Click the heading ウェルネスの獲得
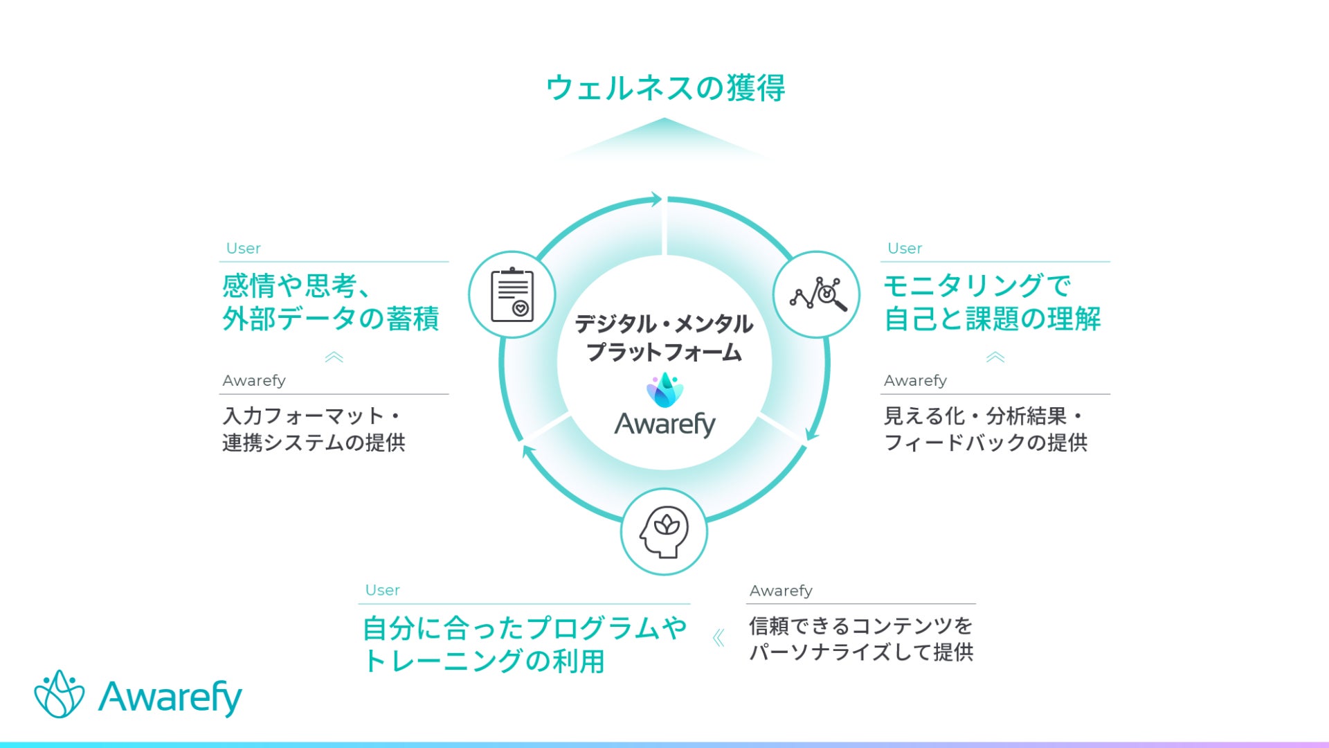click(664, 89)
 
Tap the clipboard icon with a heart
click(512, 295)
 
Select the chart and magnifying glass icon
click(817, 295)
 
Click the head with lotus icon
click(664, 532)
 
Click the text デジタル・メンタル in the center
click(664, 324)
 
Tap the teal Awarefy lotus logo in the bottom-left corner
click(60, 694)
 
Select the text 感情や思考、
click(298, 285)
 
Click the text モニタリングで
click(977, 285)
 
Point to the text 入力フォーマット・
click(311, 416)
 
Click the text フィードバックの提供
click(986, 443)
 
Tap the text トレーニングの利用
click(484, 661)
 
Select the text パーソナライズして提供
click(861, 652)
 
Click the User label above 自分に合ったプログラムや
click(382, 590)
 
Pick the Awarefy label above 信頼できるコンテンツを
click(781, 591)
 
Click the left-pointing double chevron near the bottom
click(718, 638)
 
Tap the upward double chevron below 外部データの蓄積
click(334, 357)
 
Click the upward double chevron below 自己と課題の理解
click(995, 357)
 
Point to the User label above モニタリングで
click(905, 248)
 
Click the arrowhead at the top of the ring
click(654, 200)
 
